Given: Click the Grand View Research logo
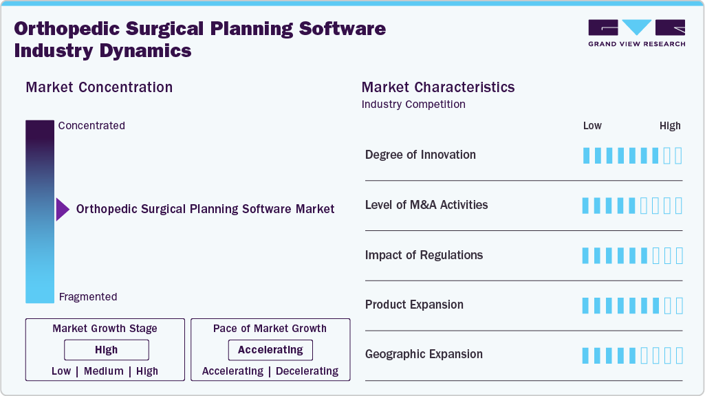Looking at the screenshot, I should pos(636,33).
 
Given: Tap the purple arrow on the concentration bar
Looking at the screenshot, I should pos(63,209).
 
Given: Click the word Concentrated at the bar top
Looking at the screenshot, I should pos(91,126).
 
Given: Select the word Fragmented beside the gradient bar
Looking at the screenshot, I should pos(88,297).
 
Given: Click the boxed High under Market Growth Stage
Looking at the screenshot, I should pos(106,350).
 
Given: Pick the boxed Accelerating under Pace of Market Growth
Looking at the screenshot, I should pos(270,350).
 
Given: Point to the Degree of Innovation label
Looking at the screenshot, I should pos(420,155).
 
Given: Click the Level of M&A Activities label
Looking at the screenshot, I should pos(426,205).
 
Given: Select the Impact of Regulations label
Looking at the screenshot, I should pos(424,255).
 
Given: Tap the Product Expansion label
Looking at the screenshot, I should pos(414,305).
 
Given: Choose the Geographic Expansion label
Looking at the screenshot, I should pos(424,354).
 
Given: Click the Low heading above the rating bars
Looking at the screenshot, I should pos(592,126).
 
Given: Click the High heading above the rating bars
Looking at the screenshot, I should pos(670,126).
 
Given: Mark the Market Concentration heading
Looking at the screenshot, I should pos(99,87).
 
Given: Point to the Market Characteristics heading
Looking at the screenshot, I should pos(438,87).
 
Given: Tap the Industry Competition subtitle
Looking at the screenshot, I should pos(413,104).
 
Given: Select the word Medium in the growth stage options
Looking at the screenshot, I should pos(104,371).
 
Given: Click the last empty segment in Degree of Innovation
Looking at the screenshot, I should pos(679,155).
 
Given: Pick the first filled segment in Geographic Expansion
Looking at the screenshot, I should pos(586,355).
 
